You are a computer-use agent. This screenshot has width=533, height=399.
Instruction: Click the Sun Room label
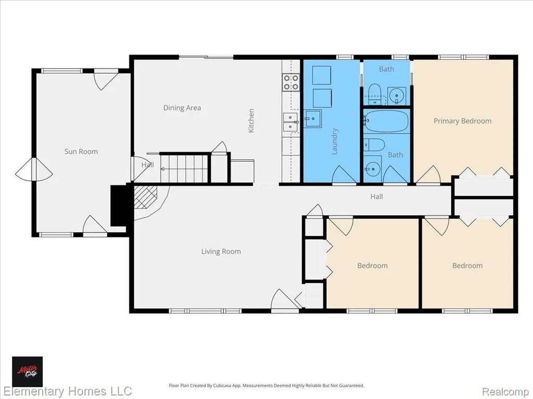click(x=81, y=151)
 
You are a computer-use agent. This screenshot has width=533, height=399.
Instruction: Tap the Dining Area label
click(x=182, y=108)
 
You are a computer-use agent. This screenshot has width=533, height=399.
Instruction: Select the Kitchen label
click(x=251, y=121)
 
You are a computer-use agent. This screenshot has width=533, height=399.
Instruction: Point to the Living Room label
click(x=221, y=251)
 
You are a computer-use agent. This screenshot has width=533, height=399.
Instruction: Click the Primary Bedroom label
click(x=462, y=121)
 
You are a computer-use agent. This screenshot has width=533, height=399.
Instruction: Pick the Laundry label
click(x=335, y=141)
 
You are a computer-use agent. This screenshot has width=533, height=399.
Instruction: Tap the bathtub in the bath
click(x=387, y=121)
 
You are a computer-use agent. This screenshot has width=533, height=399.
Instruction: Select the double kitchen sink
click(x=290, y=122)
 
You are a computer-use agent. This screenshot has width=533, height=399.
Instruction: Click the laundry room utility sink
click(x=313, y=118)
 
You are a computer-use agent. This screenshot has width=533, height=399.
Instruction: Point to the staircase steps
click(x=184, y=168)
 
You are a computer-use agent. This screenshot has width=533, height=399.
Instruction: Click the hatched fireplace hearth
click(x=146, y=196)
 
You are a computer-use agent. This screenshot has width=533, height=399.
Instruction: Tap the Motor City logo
click(x=28, y=371)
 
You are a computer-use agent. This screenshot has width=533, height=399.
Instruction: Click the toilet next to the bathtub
click(x=374, y=145)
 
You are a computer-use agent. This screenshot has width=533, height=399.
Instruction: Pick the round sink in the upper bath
click(x=396, y=96)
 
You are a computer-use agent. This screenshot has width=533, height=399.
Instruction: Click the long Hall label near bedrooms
click(x=377, y=196)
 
